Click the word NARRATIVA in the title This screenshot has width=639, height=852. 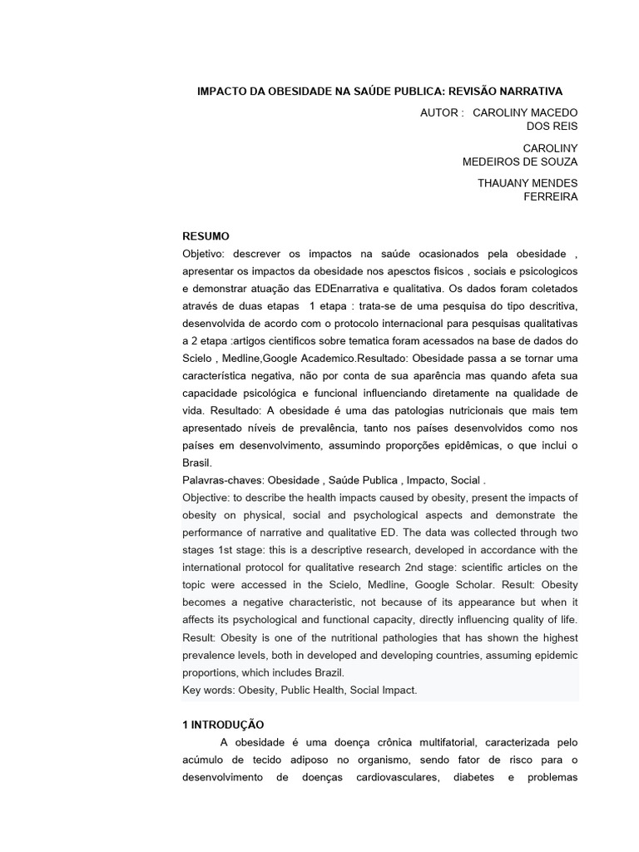pos(527,91)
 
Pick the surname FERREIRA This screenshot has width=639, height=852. pos(550,197)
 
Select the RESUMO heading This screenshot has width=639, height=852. pos(206,236)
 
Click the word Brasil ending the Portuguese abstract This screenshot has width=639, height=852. pos(197,463)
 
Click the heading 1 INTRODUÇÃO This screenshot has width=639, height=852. pos(223,725)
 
